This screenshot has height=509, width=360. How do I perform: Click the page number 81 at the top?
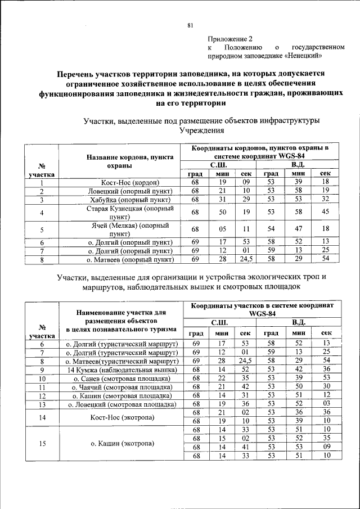[x=190, y=25]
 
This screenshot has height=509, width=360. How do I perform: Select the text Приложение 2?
[x=230, y=39]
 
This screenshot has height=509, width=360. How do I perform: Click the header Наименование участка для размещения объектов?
[x=121, y=316]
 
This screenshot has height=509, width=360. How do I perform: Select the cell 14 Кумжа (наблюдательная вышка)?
[x=121, y=370]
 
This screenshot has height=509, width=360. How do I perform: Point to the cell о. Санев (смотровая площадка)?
[x=121, y=379]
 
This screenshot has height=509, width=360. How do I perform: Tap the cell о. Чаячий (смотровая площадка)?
[x=121, y=387]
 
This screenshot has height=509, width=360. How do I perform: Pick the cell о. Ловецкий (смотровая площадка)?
[x=121, y=404]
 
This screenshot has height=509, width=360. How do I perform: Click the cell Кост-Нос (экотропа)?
[x=121, y=417]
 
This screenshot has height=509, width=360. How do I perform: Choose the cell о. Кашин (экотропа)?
[x=121, y=443]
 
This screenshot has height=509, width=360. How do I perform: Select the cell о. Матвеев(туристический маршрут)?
[x=121, y=361]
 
